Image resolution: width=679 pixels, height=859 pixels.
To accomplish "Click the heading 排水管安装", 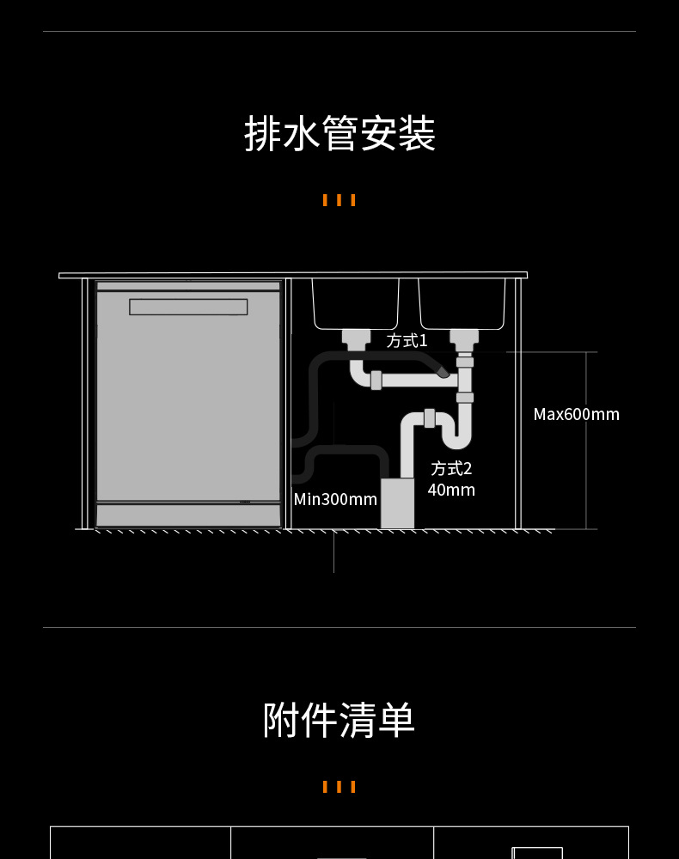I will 339,134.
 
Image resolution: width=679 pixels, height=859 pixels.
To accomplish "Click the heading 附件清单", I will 339,720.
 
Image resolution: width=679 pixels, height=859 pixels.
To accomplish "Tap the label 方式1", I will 407,341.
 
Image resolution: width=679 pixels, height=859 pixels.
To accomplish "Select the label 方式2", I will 451,468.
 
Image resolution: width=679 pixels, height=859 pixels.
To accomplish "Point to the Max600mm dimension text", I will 576,414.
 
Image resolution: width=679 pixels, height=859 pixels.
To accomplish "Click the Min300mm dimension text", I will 335,499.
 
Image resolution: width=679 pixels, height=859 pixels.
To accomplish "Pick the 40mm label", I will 451,490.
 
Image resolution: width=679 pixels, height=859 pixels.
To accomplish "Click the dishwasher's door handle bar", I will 188,307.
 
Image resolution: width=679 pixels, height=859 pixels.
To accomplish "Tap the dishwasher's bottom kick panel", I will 188,515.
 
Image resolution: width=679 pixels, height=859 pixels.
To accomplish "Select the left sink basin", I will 355,302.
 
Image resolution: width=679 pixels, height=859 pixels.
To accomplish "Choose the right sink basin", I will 462,302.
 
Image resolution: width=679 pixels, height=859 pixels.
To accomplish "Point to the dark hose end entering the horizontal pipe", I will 443,372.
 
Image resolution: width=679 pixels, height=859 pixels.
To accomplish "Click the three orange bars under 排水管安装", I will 339,200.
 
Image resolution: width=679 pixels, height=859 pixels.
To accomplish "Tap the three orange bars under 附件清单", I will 339,787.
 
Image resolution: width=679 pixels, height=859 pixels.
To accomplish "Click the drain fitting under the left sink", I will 355,337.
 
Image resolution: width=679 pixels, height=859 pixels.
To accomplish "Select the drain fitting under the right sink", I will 464,337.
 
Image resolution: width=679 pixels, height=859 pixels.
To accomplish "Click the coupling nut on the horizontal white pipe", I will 376,380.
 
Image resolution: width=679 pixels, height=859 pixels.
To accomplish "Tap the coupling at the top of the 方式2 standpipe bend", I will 429,418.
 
